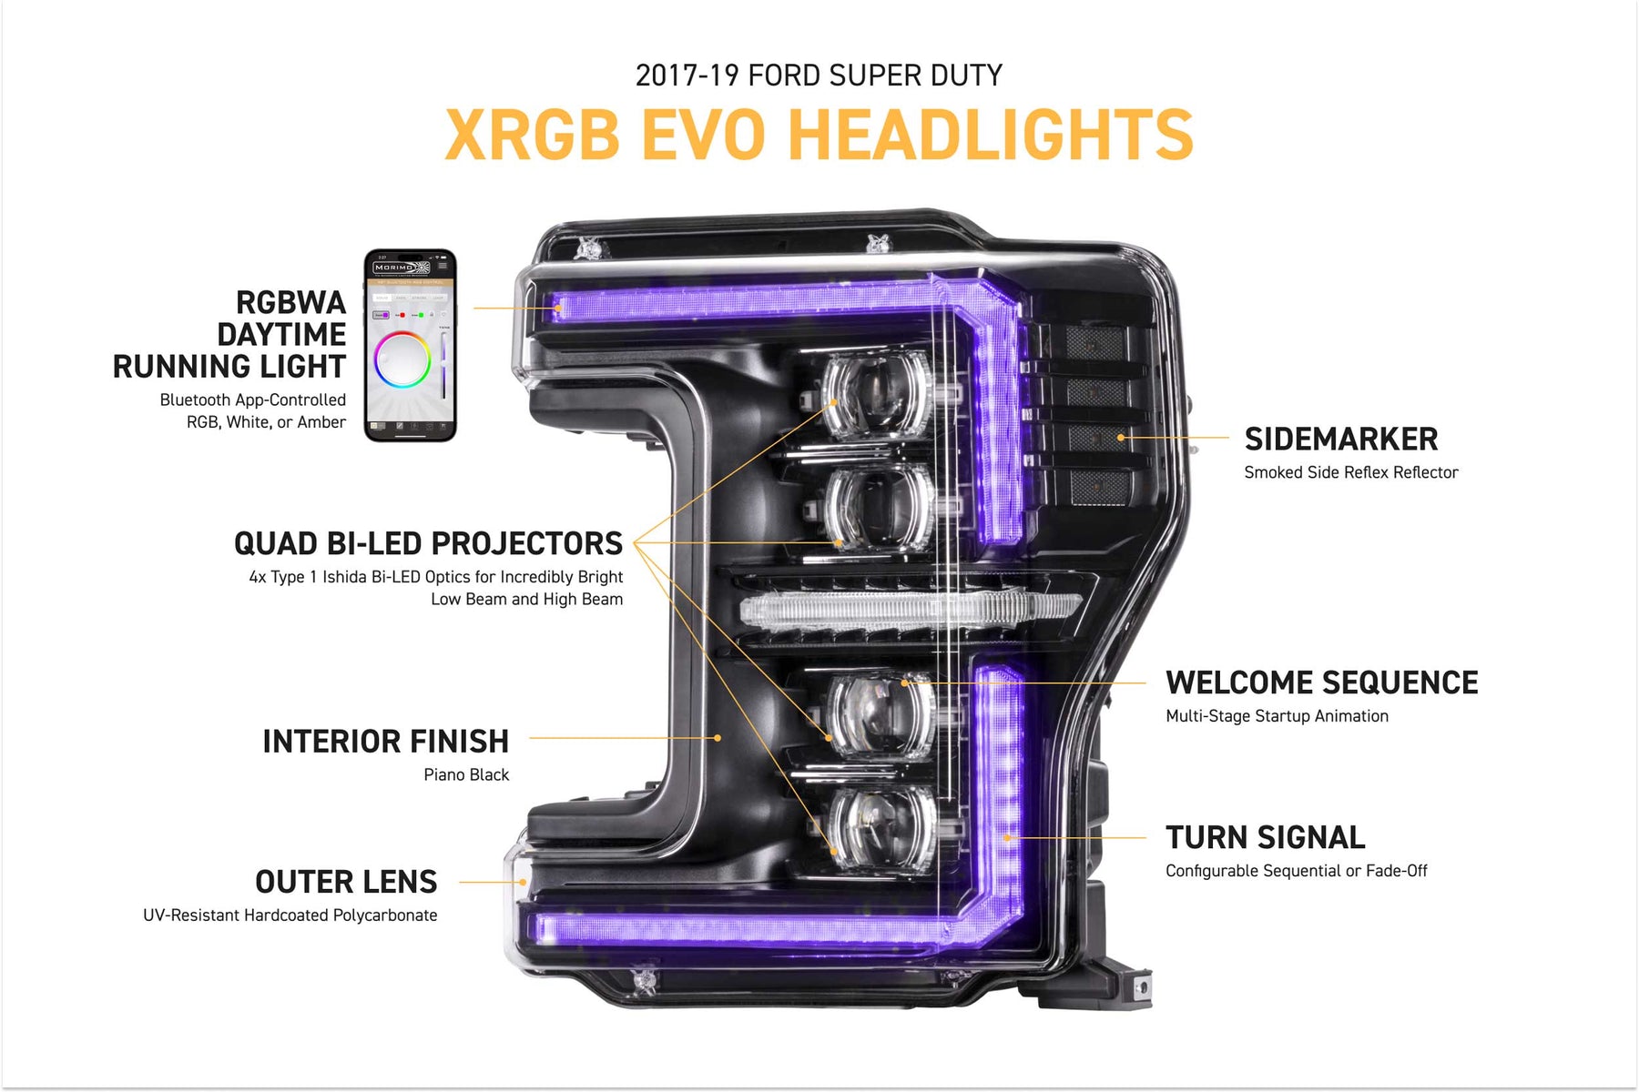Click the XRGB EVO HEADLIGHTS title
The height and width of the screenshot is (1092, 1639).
click(x=819, y=135)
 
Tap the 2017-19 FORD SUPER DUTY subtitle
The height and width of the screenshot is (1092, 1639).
click(x=819, y=75)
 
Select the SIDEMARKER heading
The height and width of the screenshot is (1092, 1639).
click(x=1341, y=440)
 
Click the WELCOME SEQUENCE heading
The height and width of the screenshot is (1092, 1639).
click(x=1321, y=682)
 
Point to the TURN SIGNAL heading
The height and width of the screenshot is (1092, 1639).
click(x=1266, y=837)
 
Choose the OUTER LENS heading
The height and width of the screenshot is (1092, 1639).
click(x=346, y=882)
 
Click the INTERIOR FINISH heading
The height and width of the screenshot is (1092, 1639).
click(x=385, y=742)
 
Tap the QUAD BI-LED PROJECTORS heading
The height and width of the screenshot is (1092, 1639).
click(x=428, y=543)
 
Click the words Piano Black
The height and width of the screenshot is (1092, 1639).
click(x=466, y=774)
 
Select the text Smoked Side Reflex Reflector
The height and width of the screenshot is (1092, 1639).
click(x=1351, y=472)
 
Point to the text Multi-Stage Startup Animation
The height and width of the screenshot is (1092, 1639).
click(x=1277, y=716)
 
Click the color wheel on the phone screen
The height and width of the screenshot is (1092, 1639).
click(x=402, y=359)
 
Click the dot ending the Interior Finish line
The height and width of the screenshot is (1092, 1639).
click(x=718, y=738)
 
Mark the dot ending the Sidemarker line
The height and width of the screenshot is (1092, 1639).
click(x=1121, y=438)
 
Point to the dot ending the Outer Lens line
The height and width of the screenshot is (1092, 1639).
click(x=523, y=882)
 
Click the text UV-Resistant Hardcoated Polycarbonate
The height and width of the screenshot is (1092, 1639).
click(x=290, y=915)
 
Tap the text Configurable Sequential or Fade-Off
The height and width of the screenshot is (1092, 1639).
click(x=1297, y=871)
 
